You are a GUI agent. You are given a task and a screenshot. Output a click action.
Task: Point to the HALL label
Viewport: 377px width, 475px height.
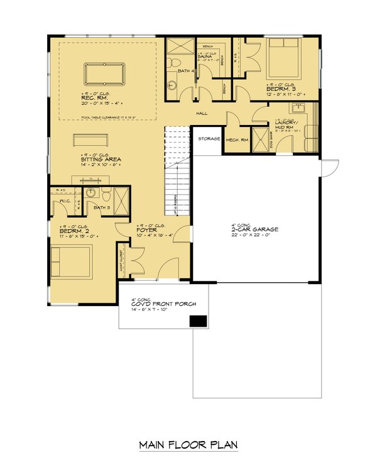click(201, 113)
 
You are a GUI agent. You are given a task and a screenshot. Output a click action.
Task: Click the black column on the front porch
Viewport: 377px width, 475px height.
click(199, 321)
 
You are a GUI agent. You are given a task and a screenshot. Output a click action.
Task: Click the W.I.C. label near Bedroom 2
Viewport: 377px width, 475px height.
click(64, 201)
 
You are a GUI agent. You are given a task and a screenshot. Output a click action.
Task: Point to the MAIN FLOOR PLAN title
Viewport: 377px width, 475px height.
click(188, 445)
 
